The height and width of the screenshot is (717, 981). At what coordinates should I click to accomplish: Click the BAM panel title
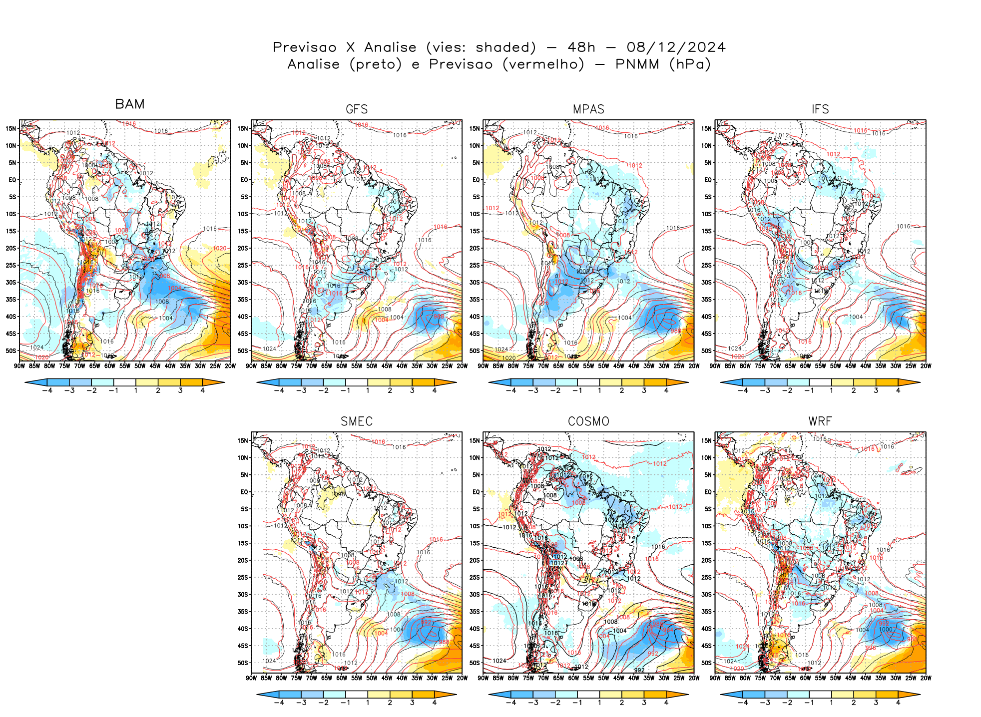tap(130, 104)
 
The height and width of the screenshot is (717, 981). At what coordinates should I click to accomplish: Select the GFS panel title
tap(357, 109)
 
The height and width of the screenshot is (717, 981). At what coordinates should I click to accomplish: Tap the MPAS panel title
tap(588, 109)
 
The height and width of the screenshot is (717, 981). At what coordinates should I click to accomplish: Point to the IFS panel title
tap(820, 109)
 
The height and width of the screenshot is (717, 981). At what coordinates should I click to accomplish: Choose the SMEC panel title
tap(357, 421)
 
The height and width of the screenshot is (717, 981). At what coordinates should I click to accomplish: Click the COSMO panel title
tap(588, 421)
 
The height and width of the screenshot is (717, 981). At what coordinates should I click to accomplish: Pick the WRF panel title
tap(820, 421)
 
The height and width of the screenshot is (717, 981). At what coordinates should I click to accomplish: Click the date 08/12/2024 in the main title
tap(676, 47)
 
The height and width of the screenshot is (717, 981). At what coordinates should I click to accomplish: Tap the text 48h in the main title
tap(581, 47)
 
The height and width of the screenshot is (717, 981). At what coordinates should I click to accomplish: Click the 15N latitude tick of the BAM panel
tap(11, 128)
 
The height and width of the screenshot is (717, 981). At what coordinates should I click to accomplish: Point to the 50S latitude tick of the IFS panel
tap(706, 351)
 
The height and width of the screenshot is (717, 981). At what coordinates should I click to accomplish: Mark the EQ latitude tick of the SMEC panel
tap(244, 492)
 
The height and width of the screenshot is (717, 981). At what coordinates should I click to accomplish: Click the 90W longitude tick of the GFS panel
tap(251, 366)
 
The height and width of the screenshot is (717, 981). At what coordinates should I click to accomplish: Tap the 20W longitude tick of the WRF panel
tap(926, 678)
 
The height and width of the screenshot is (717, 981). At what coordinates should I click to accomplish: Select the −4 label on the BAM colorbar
tap(47, 390)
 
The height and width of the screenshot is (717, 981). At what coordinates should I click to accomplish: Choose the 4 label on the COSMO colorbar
tap(666, 703)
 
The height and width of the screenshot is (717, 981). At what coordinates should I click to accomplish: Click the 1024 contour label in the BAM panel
tap(37, 348)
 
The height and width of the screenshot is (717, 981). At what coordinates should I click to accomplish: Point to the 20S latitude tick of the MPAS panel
tap(475, 248)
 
